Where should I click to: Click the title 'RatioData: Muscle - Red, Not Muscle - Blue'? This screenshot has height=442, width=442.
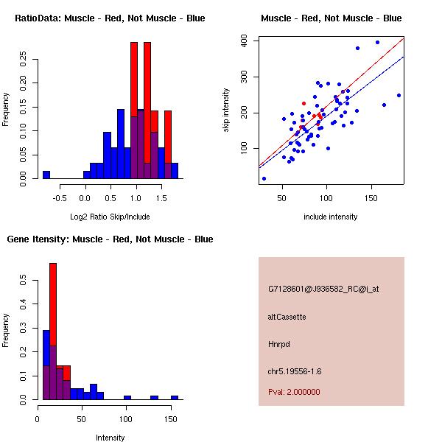(x=110, y=18)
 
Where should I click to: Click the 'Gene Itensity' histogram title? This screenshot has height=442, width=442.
(x=110, y=239)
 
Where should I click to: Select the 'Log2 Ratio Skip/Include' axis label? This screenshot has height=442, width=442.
(x=110, y=217)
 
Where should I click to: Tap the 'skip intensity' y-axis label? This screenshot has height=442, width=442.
(x=227, y=110)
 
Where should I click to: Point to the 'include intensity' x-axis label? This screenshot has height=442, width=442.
(x=331, y=217)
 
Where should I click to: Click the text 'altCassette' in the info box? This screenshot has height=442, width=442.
(x=287, y=317)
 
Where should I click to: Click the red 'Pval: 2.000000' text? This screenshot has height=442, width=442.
(x=294, y=392)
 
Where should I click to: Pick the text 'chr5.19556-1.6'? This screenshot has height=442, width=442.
(x=295, y=371)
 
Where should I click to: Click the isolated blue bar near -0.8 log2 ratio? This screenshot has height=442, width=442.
(x=46, y=175)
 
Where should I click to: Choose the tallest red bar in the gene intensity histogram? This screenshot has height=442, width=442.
(x=53, y=331)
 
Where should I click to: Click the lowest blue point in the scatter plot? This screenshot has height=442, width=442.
(x=264, y=178)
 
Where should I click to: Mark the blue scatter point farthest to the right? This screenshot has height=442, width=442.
(x=399, y=95)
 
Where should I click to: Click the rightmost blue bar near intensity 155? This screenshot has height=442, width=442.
(x=175, y=397)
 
